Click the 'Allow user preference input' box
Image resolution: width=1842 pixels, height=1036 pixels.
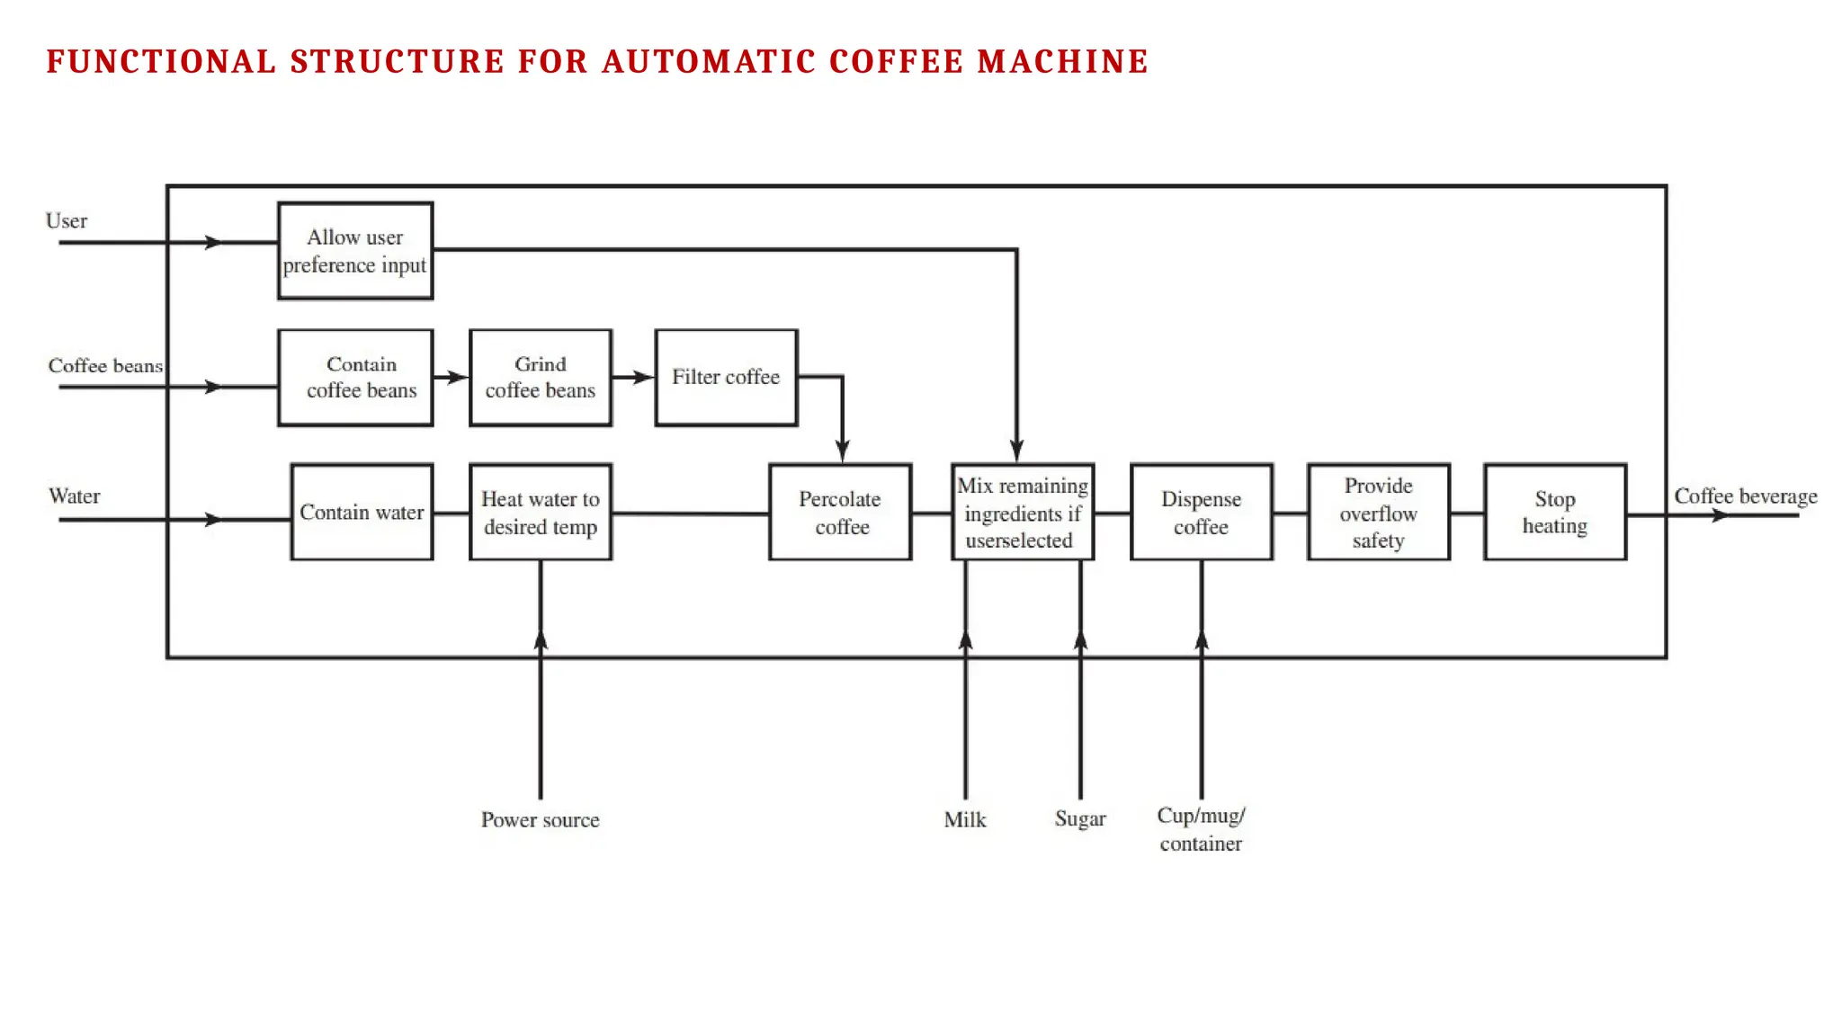point(355,251)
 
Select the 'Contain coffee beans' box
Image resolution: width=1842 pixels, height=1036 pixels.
point(355,378)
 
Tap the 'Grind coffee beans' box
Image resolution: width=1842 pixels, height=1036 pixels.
point(541,378)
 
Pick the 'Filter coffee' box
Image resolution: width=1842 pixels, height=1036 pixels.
point(726,378)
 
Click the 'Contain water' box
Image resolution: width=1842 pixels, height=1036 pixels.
point(362,513)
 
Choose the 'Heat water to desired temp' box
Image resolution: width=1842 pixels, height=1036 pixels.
point(541,513)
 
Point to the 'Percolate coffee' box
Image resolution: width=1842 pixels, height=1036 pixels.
point(840,513)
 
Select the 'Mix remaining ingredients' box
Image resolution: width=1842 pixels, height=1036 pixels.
point(1023,513)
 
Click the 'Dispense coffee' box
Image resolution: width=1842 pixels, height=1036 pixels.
point(1201,513)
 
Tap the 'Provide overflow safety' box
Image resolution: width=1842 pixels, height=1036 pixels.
point(1378,513)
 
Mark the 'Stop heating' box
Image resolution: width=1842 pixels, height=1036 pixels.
point(1554,513)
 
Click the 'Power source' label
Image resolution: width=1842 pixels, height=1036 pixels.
point(540,820)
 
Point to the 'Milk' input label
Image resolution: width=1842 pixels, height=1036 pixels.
point(964,820)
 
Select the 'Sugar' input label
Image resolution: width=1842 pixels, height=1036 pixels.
point(1079,819)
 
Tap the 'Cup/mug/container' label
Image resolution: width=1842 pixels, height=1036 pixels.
point(1201,829)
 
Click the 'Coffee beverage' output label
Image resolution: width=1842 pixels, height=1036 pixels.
point(1745,496)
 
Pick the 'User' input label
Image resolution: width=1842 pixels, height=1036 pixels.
point(67,221)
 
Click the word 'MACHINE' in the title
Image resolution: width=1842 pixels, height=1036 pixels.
point(1062,62)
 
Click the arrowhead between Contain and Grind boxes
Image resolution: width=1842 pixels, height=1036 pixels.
point(458,378)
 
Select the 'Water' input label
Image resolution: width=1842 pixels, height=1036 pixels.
point(75,496)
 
